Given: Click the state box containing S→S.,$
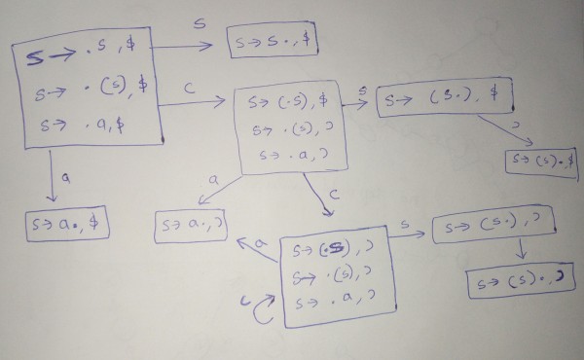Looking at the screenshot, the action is [274, 42].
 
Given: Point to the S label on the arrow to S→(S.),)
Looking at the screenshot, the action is [403, 225].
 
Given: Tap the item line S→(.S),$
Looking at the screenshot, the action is [293, 101].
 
